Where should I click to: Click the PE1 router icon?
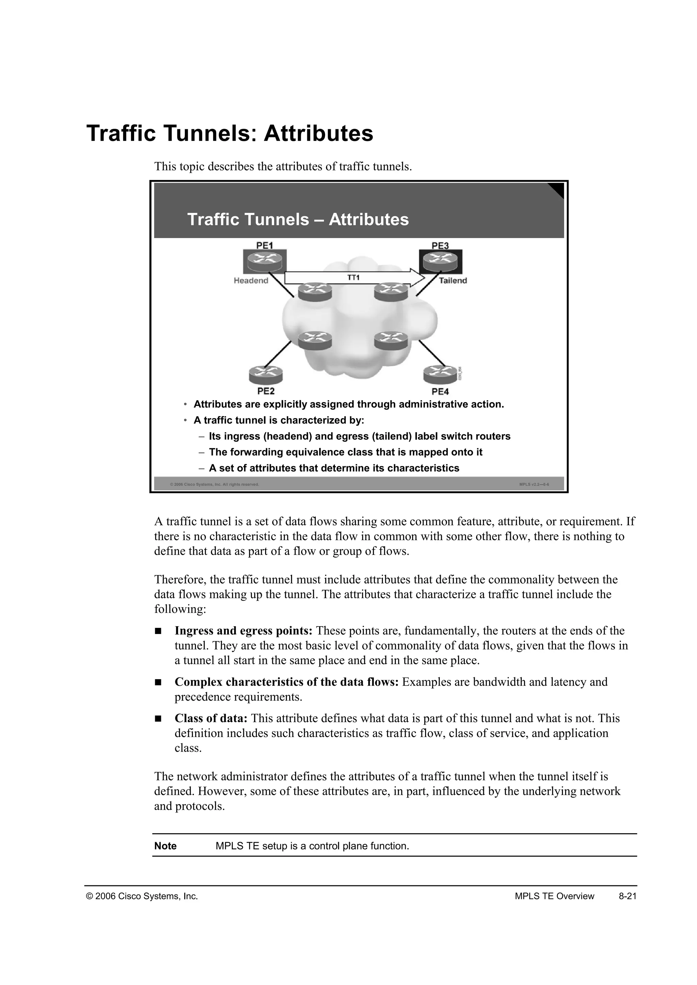pyautogui.click(x=265, y=261)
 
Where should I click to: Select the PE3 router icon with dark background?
pyautogui.click(x=441, y=261)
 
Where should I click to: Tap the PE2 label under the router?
pyautogui.click(x=266, y=391)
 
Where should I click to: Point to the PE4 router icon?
pyautogui.click(x=440, y=374)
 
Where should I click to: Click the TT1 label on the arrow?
pyautogui.click(x=353, y=278)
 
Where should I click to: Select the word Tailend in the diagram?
pyautogui.click(x=453, y=281)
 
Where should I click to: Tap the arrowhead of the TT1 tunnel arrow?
pyautogui.click(x=417, y=278)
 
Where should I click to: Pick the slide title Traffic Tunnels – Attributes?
pyautogui.click(x=298, y=220)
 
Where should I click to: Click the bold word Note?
pyautogui.click(x=165, y=846)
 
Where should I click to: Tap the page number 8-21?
pyautogui.click(x=628, y=896)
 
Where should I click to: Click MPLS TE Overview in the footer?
pyautogui.click(x=554, y=896)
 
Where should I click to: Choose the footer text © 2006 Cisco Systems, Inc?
pyautogui.click(x=142, y=896)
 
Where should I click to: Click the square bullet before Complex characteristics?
pyautogui.click(x=158, y=682)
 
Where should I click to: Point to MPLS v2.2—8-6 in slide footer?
pyautogui.click(x=534, y=484)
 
